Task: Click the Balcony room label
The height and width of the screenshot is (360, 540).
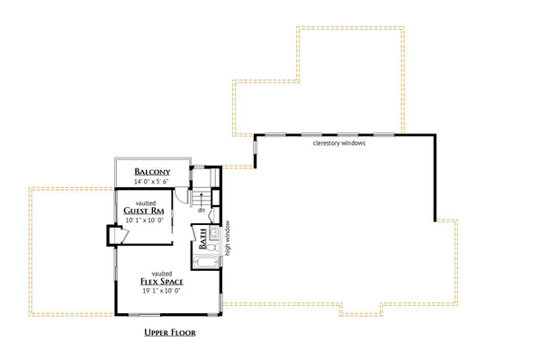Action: tap(153, 171)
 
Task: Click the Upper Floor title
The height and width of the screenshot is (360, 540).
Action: tap(170, 332)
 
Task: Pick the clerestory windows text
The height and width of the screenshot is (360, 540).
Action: tap(338, 143)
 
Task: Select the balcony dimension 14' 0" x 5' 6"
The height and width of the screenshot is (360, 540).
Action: tap(153, 181)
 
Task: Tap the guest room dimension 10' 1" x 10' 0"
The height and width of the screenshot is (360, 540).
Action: tap(144, 220)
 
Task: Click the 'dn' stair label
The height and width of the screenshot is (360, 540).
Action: tap(202, 211)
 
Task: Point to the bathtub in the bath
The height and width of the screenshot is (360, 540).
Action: tap(208, 263)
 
